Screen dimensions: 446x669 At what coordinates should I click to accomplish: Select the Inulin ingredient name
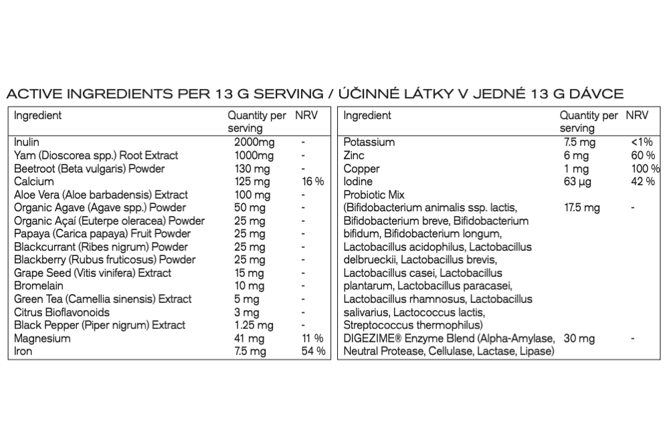27,142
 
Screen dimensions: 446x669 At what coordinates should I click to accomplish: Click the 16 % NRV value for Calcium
312,182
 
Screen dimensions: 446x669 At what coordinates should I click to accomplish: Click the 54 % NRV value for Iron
312,352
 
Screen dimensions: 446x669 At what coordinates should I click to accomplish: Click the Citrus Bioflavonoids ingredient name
62,312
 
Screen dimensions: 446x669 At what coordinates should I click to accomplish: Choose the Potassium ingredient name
369,142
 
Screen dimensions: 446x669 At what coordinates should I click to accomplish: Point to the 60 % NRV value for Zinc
642,155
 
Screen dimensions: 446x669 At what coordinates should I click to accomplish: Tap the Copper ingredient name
361,169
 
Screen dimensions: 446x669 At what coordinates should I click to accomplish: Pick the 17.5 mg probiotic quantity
581,208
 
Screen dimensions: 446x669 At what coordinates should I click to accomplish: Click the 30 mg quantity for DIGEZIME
579,339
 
